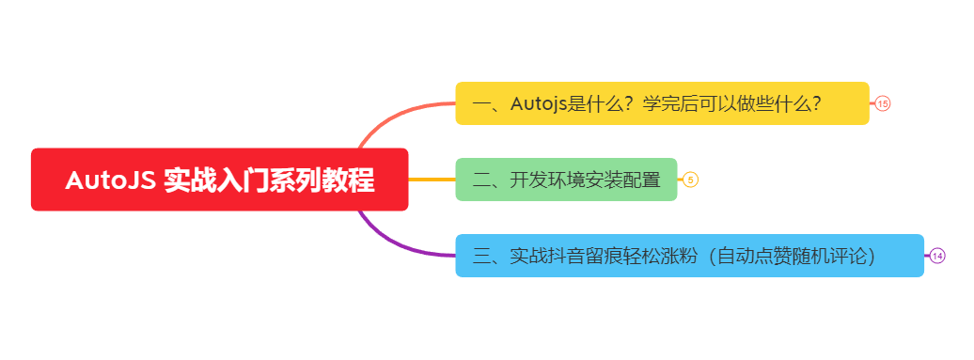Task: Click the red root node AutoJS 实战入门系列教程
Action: point(219,180)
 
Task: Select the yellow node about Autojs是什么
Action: point(662,103)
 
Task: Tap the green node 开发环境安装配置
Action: point(566,180)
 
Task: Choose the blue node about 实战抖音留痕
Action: point(689,256)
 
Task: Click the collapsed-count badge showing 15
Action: point(882,103)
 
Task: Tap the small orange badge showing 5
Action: point(690,180)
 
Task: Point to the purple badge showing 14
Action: point(937,256)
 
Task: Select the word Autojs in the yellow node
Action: point(539,103)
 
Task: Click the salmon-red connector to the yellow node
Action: point(395,115)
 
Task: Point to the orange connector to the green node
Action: point(432,180)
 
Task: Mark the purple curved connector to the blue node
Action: point(395,245)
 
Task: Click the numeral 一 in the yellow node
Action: point(482,103)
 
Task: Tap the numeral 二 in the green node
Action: point(482,180)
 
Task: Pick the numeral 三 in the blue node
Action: point(482,256)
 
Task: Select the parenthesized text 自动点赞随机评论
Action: point(795,256)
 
